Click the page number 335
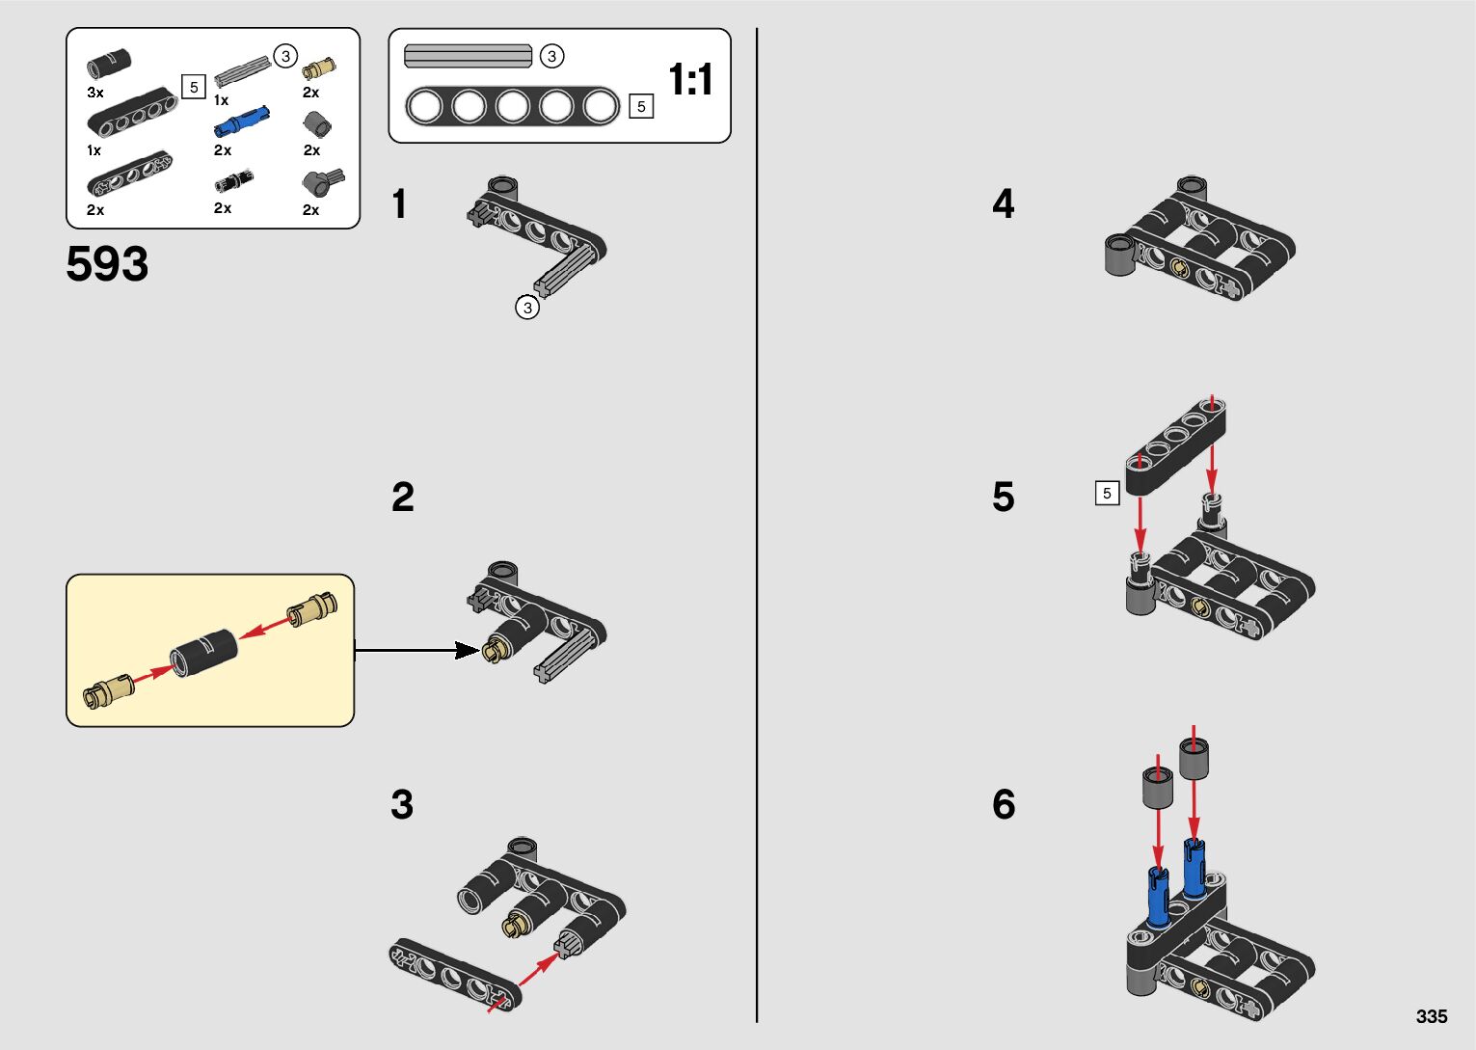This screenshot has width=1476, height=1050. [1432, 1016]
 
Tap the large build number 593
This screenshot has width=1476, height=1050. [107, 263]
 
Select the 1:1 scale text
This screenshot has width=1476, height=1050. [690, 79]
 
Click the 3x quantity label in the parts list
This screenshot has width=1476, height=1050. [95, 93]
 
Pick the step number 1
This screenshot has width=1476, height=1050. [399, 204]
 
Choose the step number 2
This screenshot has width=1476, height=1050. [402, 498]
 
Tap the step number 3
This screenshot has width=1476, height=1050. [402, 804]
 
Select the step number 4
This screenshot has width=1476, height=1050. [1003, 204]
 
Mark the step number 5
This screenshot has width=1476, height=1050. [1003, 498]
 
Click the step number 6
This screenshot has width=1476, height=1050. [1003, 804]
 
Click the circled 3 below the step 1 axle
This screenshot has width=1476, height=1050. [526, 308]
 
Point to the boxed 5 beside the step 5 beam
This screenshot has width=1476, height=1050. [1107, 493]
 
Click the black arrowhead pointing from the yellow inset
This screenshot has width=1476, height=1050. [467, 651]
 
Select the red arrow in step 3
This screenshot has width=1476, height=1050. [526, 981]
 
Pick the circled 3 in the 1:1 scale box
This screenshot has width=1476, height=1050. [551, 56]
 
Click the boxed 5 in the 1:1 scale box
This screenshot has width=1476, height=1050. [641, 106]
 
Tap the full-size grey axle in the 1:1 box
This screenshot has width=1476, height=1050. [468, 56]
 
